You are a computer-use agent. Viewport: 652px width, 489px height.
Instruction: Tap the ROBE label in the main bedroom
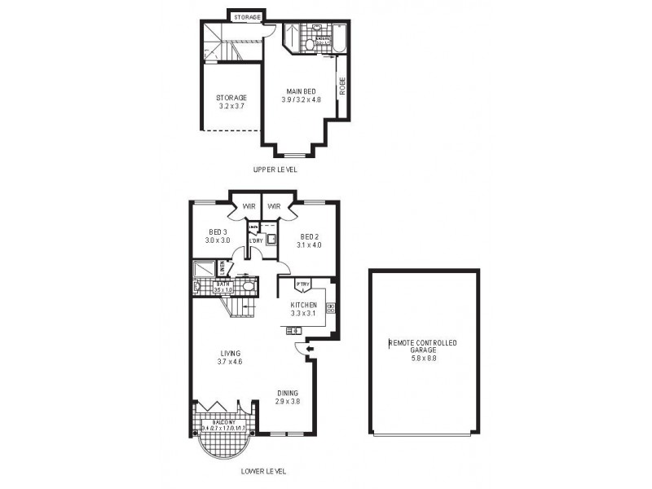point(342,86)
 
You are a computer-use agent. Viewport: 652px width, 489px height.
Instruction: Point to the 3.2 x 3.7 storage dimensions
point(232,105)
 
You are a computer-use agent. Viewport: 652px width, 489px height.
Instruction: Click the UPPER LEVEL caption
point(275,170)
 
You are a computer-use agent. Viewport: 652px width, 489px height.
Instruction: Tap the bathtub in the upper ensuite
point(341,37)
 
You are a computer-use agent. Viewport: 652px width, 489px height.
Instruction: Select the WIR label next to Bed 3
point(248,207)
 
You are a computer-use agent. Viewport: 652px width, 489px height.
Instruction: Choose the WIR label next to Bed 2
point(274,207)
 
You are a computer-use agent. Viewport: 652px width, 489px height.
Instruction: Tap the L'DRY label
point(255,240)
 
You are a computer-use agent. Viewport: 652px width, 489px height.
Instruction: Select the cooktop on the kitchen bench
point(331,308)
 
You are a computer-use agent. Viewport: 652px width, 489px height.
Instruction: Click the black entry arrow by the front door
point(307,348)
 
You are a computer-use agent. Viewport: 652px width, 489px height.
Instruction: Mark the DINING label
point(287,392)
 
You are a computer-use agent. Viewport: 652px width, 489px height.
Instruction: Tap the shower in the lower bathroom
point(203,270)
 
